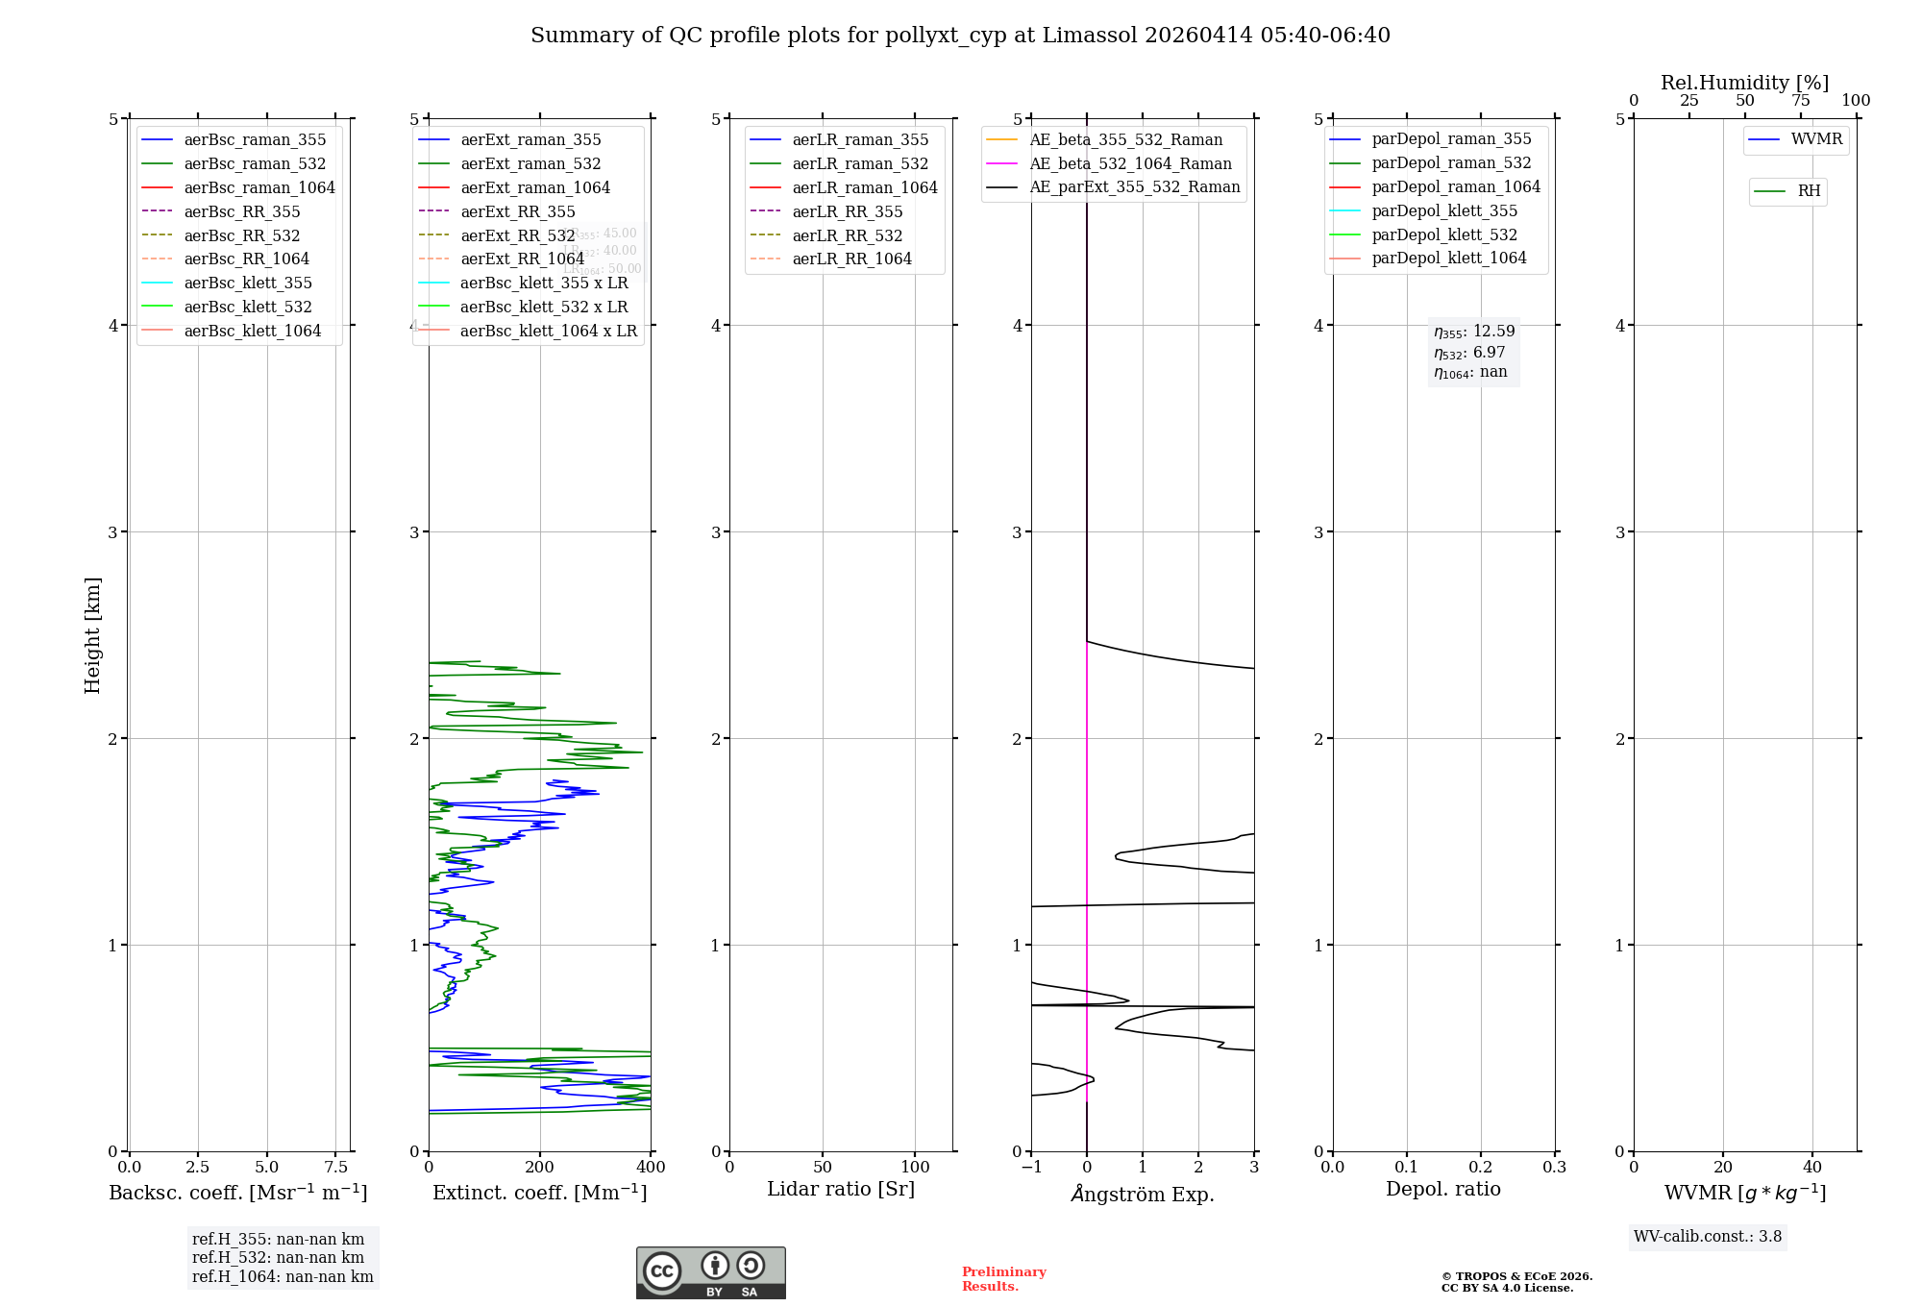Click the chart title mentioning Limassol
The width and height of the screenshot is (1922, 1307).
coord(960,36)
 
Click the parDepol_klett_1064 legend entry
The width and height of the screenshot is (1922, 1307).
coord(1448,258)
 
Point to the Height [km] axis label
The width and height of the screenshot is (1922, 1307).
coord(92,634)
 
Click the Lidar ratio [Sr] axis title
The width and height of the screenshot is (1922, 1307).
coord(841,1189)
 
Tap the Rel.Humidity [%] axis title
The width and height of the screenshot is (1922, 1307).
coord(1744,83)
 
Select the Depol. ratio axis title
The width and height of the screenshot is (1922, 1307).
coord(1442,1189)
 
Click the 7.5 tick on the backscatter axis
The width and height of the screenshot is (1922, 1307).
coord(335,1167)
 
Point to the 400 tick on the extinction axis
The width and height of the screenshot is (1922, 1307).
coord(651,1167)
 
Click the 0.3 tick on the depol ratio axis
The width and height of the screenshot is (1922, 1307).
coord(1554,1167)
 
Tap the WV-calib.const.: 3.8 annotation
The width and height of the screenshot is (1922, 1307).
coord(1707,1237)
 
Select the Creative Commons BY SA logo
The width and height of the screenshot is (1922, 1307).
coord(710,1272)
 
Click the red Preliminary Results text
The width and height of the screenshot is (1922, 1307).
coord(1003,1278)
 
